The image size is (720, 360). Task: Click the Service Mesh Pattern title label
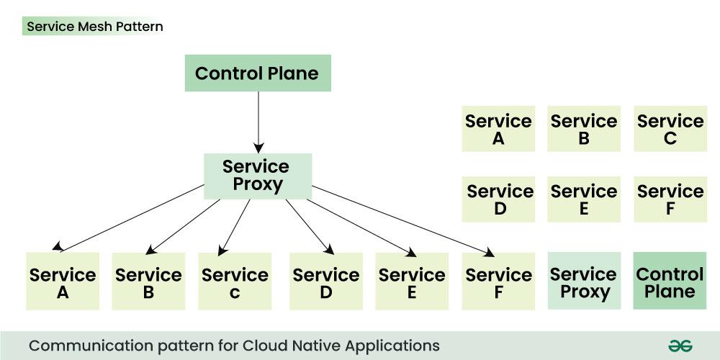coord(94,27)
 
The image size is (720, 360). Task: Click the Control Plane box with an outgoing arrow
coord(257,73)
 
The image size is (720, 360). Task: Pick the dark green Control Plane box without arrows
coord(670,281)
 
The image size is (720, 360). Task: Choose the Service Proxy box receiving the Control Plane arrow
coord(257,176)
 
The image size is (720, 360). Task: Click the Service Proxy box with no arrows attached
coord(584,281)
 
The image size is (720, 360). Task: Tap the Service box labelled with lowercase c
coord(235,282)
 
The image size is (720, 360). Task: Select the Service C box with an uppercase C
coord(670,129)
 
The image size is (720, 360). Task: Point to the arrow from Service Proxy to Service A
coord(130,217)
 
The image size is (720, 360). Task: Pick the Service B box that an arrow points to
coord(148,282)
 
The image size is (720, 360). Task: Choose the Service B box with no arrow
coord(584,129)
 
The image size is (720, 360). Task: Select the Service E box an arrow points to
coord(412,282)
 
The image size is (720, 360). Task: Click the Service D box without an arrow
coord(499,199)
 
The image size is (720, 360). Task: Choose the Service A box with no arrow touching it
coord(498,129)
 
